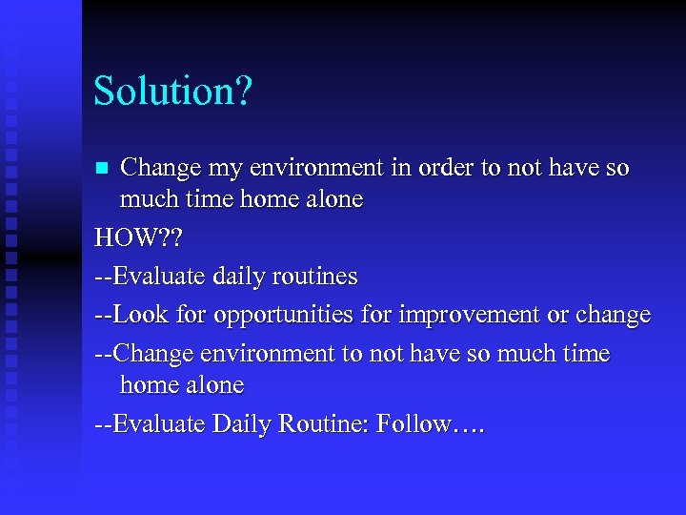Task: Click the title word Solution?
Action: pyautogui.click(x=172, y=93)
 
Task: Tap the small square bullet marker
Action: pyautogui.click(x=103, y=169)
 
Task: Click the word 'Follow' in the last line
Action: pyautogui.click(x=414, y=424)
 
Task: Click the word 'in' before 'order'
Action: pyautogui.click(x=393, y=168)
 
